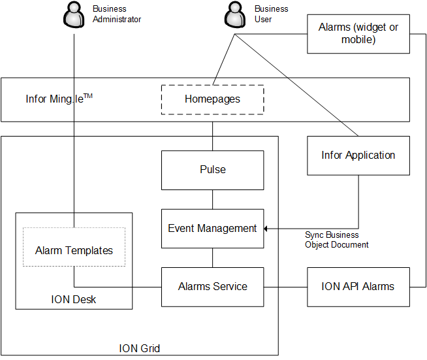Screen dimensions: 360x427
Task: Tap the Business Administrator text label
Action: [x=116, y=14]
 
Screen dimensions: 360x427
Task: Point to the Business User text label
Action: [x=271, y=14]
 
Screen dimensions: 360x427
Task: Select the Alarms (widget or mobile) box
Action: [x=358, y=33]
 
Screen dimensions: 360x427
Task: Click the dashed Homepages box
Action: [x=212, y=99]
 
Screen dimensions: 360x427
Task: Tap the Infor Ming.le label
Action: [x=59, y=99]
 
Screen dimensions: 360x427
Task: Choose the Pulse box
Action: [x=212, y=170]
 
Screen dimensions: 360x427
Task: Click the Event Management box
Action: [x=212, y=229]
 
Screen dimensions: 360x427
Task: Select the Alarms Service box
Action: [x=212, y=286]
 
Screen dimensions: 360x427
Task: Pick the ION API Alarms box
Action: [x=358, y=286]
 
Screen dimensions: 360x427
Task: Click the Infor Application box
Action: [x=358, y=155]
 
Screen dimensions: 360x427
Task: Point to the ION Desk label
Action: [x=74, y=301]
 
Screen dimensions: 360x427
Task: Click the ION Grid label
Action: [x=139, y=348]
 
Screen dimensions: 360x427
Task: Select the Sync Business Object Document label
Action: [x=336, y=240]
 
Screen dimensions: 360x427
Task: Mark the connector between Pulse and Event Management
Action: [x=212, y=199]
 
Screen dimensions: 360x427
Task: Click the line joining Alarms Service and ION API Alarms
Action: [x=285, y=286]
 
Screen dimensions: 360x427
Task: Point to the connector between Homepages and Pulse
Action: [x=212, y=136]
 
